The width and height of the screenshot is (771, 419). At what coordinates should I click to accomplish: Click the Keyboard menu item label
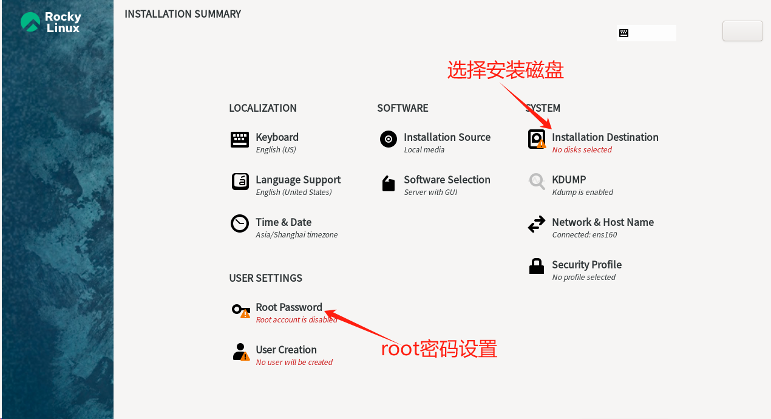tap(277, 137)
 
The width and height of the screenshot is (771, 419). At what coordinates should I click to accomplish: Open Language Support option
tap(297, 180)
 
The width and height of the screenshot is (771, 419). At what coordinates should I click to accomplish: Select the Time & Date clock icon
tap(240, 223)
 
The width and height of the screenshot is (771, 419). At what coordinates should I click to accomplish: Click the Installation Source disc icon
tap(389, 139)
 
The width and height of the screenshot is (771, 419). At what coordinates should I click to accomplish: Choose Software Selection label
tap(447, 180)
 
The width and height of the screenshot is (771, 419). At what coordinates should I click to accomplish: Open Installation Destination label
tap(605, 137)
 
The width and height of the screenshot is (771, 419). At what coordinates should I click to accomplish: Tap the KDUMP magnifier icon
tap(537, 182)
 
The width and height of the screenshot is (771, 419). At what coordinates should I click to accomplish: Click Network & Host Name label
tap(602, 222)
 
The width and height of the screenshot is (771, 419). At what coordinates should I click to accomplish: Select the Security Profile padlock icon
tap(537, 266)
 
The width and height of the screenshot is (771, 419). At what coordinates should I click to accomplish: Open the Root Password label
tap(289, 307)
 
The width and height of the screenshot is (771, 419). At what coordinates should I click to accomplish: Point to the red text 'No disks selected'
tap(582, 150)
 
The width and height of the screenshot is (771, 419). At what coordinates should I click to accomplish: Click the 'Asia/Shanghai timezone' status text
tap(296, 235)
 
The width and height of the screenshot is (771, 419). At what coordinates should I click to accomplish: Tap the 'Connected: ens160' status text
tap(584, 235)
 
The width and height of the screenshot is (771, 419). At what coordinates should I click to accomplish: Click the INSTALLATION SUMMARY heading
tap(183, 14)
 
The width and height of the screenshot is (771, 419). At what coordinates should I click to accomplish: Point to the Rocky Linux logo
tap(50, 22)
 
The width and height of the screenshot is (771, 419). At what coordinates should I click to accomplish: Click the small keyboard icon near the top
tap(623, 33)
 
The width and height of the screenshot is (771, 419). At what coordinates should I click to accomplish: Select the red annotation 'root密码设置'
tap(439, 349)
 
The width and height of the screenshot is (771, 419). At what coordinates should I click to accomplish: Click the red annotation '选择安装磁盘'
tap(506, 70)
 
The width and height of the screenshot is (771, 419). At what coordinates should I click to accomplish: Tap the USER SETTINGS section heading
tap(265, 278)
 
